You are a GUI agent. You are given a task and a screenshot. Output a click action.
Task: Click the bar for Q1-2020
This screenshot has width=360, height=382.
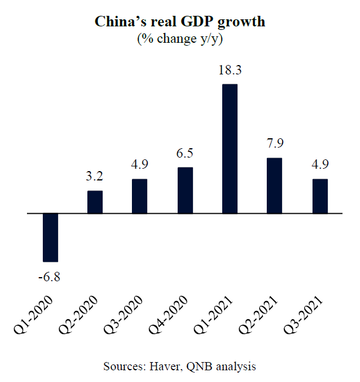pos(50,237)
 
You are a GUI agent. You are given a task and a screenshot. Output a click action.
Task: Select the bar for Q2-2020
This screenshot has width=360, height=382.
pos(95,202)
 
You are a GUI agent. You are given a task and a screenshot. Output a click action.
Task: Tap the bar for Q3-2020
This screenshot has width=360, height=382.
pos(140,196)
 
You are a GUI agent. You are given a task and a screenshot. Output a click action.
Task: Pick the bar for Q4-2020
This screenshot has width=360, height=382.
pos(185,190)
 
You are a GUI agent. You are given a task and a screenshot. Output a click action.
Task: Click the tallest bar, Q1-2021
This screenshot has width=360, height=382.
pos(229,149)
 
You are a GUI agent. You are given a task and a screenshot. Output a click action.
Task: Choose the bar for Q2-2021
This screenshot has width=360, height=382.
pos(274,186)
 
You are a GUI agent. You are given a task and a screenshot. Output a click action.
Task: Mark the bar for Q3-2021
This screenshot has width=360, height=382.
pos(319,196)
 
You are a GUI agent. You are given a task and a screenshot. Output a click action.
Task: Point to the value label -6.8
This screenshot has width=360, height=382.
pos(49,276)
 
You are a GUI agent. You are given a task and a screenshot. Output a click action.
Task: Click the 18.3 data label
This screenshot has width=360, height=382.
pos(230,71)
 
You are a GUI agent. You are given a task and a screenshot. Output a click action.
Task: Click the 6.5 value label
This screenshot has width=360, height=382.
pos(185,154)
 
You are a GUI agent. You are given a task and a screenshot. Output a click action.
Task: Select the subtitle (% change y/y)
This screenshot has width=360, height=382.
pos(181,39)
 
